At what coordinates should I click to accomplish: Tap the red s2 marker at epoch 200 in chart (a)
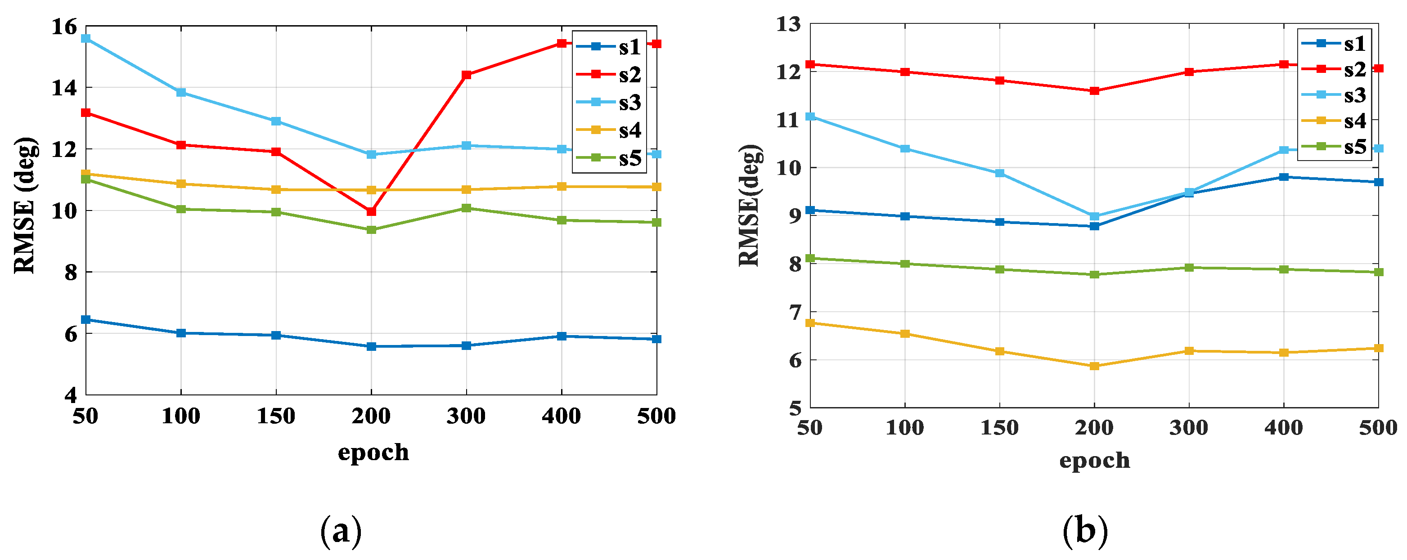(x=371, y=211)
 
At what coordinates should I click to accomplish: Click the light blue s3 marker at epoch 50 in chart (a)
(x=86, y=38)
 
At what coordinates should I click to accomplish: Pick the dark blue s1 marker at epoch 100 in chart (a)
(x=181, y=333)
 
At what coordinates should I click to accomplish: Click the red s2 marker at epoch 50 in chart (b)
(x=810, y=64)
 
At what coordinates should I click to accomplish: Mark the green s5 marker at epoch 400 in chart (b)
(x=1284, y=269)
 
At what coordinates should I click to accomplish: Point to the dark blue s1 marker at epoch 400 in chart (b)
(x=1284, y=177)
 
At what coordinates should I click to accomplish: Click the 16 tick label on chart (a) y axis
(x=64, y=27)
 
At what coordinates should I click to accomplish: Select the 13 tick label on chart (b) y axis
(x=788, y=24)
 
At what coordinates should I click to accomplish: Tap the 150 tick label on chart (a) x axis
(x=276, y=417)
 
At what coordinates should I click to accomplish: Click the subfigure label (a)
(x=341, y=530)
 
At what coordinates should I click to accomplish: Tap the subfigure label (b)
(x=1085, y=530)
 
